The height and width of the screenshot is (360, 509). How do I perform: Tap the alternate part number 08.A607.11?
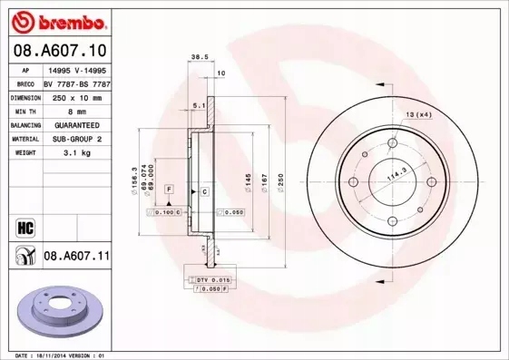(76, 257)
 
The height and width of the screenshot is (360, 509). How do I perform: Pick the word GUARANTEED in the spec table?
(77, 125)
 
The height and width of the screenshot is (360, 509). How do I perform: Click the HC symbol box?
(24, 226)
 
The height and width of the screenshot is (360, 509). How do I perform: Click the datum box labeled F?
(168, 188)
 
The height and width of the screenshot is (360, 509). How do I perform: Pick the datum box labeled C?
(204, 191)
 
